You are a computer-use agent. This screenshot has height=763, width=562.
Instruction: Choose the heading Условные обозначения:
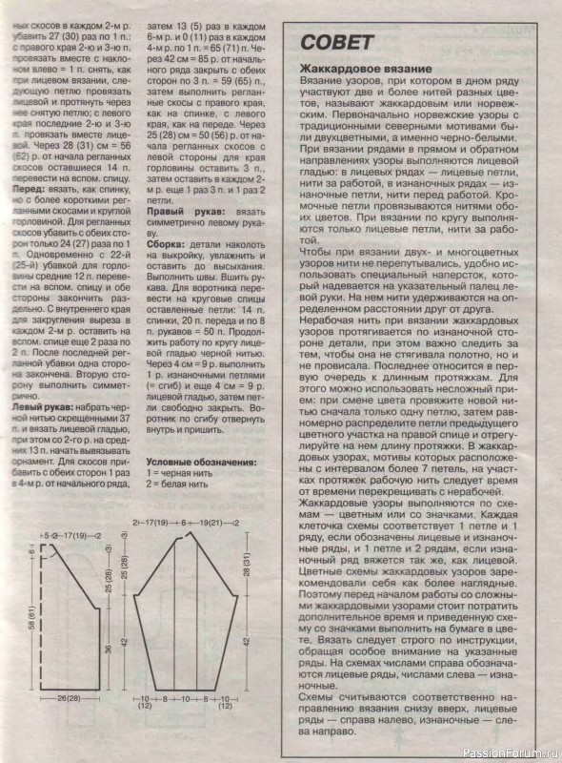click(200, 463)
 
